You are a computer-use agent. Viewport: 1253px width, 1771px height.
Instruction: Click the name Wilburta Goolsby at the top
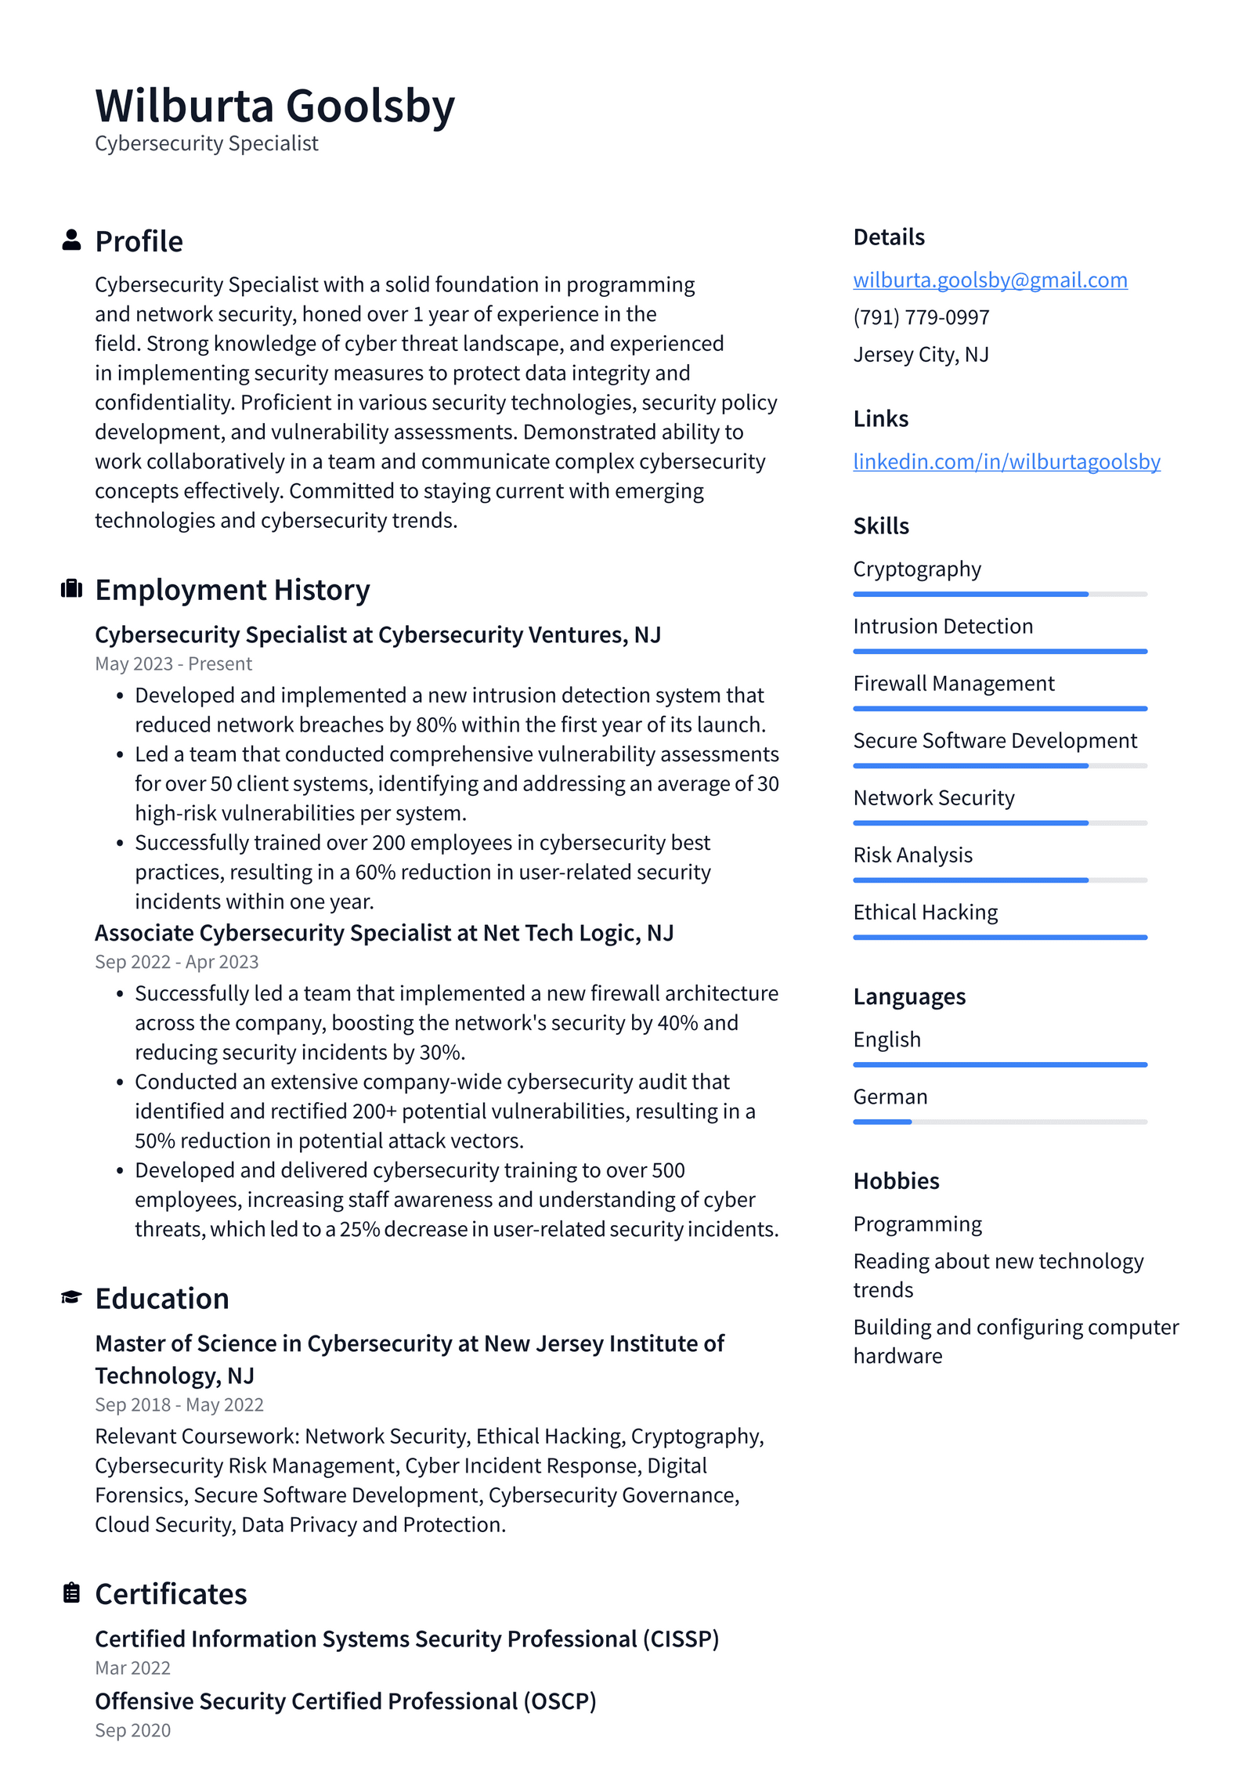[274, 106]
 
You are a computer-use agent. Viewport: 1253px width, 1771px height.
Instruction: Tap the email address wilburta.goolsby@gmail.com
[989, 280]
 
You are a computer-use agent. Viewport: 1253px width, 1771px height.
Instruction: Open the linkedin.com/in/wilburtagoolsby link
[1006, 461]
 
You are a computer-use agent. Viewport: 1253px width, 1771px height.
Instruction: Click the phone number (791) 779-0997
[921, 317]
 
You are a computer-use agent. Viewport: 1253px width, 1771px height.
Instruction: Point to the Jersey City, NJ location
[920, 355]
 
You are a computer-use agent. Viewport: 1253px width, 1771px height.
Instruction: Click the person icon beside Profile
[71, 240]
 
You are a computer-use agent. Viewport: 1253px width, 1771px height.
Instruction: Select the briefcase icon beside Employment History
[71, 589]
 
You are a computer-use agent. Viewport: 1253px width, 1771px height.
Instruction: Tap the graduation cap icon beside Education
[71, 1298]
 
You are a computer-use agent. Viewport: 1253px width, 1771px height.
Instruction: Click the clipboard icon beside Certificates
[71, 1593]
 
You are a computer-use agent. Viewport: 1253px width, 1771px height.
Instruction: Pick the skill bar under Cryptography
[999, 595]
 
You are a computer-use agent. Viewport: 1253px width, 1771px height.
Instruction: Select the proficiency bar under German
[999, 1122]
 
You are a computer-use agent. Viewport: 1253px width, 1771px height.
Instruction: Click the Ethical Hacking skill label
[925, 913]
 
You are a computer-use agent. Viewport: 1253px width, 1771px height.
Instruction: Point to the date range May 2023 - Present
[173, 664]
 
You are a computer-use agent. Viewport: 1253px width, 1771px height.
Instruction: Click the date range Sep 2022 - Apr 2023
[176, 962]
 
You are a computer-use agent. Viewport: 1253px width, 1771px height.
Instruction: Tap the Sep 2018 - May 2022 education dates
[179, 1405]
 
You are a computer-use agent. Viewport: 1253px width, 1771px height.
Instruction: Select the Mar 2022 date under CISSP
[132, 1668]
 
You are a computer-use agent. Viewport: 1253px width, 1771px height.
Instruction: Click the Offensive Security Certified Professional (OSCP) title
[345, 1701]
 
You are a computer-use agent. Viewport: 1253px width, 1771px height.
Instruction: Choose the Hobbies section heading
[896, 1181]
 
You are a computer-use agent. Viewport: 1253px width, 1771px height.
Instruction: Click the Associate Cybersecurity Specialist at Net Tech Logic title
[384, 933]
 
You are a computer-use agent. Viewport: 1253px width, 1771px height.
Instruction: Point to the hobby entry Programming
[917, 1224]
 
